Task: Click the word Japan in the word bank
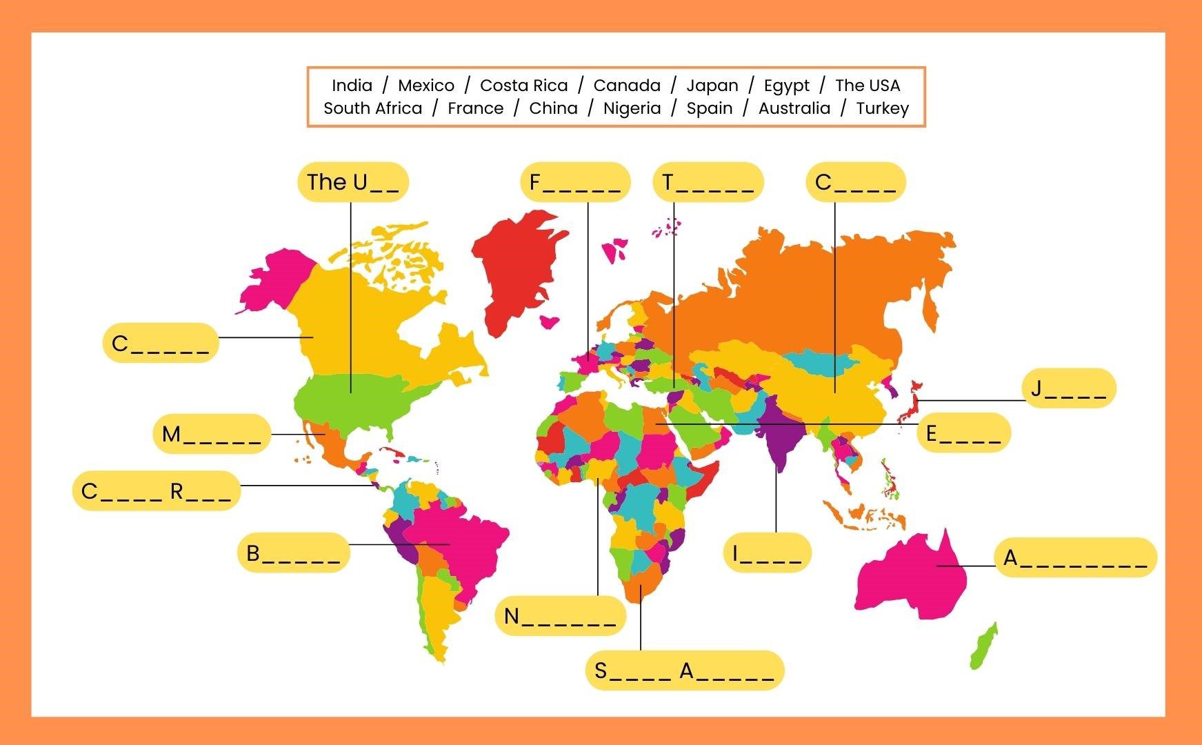[x=712, y=86]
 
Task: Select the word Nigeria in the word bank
[x=632, y=108]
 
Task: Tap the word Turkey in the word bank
[x=882, y=108]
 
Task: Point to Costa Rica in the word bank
[x=523, y=86]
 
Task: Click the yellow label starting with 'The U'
[x=353, y=182]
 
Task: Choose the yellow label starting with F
[x=575, y=182]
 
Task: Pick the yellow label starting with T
[x=708, y=182]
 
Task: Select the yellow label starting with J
[x=1068, y=388]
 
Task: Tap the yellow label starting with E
[x=963, y=433]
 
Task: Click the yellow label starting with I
[x=767, y=553]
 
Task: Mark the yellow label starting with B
[x=293, y=553]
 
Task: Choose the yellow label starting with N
[x=560, y=615]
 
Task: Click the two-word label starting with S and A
[x=684, y=670]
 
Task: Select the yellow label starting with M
[x=211, y=434]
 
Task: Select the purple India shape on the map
[x=783, y=435]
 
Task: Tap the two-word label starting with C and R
[x=157, y=491]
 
